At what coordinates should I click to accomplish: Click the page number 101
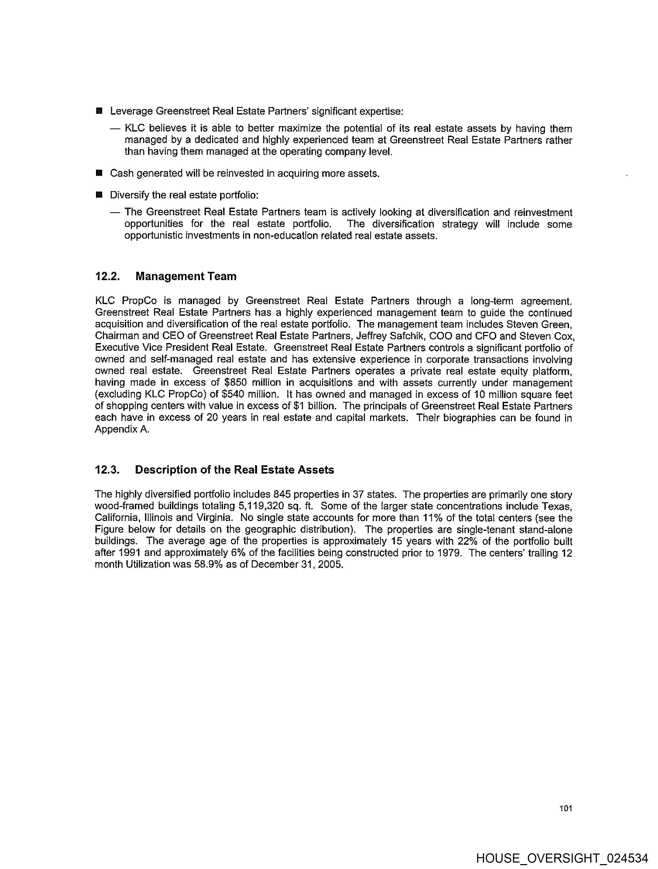[565, 808]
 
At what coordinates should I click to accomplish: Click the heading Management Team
[186, 277]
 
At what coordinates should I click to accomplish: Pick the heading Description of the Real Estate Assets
[234, 470]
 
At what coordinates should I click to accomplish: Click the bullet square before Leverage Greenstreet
[99, 111]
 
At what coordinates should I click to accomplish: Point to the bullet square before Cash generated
[99, 173]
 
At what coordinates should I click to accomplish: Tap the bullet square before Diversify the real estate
[99, 194]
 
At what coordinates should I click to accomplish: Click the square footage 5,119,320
[261, 506]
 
